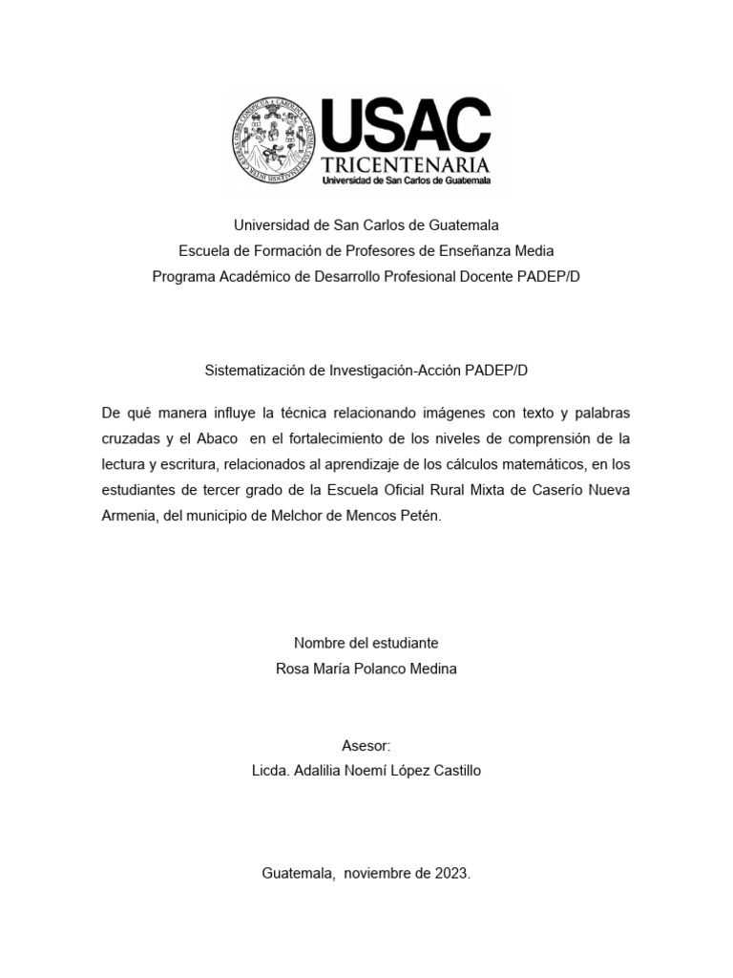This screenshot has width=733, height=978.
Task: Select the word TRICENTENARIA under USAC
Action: click(406, 164)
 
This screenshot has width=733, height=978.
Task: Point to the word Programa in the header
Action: click(182, 276)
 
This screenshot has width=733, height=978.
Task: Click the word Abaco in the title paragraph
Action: click(217, 438)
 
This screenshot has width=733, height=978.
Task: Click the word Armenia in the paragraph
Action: click(129, 516)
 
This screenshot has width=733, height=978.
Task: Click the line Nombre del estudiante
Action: click(366, 643)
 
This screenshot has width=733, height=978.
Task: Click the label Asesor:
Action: click(366, 745)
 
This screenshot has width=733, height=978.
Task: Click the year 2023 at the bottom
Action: click(450, 873)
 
